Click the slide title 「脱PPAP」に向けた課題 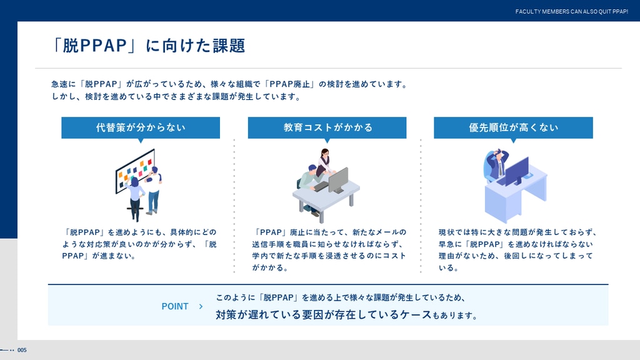(149, 45)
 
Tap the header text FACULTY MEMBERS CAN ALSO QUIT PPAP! (571, 11)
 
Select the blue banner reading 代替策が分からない (141, 127)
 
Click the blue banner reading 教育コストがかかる (327, 127)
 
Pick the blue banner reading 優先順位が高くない (513, 127)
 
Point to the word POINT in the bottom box (175, 306)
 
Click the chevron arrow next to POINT (201, 306)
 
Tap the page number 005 (22, 350)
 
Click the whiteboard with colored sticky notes (135, 171)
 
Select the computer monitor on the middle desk (338, 181)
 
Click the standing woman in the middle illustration (324, 162)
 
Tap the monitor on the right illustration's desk (516, 171)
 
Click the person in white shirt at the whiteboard (153, 190)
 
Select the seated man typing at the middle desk (310, 183)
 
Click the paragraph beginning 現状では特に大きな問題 (517, 250)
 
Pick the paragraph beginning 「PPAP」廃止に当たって (329, 250)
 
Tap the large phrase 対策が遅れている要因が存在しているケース (323, 315)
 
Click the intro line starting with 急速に (229, 84)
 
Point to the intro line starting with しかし (176, 97)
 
